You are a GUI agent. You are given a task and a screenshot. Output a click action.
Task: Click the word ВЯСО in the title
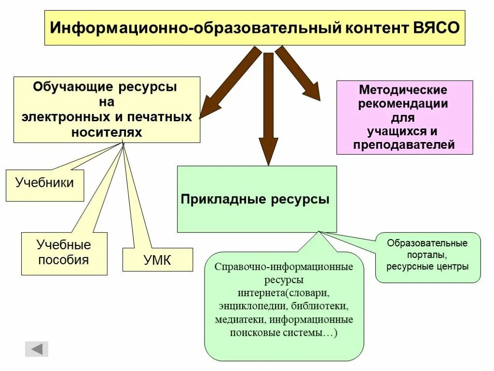436,27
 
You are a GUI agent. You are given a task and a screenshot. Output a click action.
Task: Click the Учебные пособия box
64,253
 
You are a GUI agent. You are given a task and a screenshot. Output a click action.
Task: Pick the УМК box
157,260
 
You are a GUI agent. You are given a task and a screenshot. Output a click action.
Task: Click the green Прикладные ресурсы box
256,200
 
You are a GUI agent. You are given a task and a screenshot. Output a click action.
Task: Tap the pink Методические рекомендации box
404,117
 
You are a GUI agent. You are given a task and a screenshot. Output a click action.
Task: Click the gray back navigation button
37,349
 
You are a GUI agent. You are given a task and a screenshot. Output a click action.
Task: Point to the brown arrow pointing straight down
269,106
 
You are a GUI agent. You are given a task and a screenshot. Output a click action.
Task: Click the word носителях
107,132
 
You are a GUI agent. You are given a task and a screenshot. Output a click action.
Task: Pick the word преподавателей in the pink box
404,145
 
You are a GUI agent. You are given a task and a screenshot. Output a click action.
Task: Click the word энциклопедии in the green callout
247,306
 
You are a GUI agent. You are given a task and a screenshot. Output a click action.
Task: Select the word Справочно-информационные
284,267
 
